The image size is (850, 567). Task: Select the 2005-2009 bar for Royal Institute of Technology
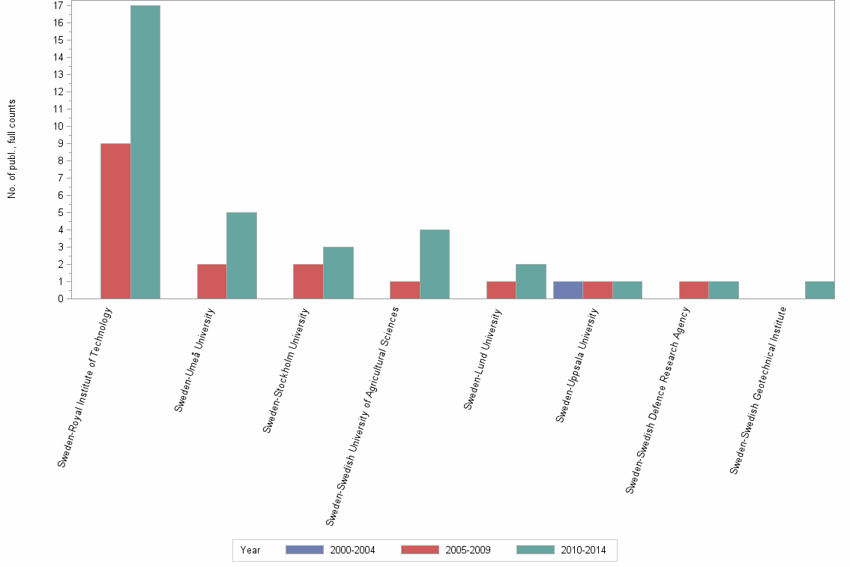point(115,221)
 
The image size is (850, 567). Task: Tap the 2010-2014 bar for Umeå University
point(241,256)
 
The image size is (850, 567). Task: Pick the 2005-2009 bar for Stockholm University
point(308,281)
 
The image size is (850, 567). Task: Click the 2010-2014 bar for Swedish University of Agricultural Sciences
point(435,264)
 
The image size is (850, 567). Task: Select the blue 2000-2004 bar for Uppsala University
point(567,290)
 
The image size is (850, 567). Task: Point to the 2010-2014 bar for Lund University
point(531,281)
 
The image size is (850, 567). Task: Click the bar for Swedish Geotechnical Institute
point(819,290)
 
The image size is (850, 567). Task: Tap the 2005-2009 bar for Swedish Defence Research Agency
point(694,290)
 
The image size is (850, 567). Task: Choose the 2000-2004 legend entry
point(331,550)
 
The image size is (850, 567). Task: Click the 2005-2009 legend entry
point(446,550)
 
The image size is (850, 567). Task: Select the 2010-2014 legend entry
point(561,550)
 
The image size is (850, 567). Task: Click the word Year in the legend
point(250,550)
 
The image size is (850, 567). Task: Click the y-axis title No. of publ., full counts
point(12,149)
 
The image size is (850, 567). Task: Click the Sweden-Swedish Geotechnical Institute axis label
point(758,390)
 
